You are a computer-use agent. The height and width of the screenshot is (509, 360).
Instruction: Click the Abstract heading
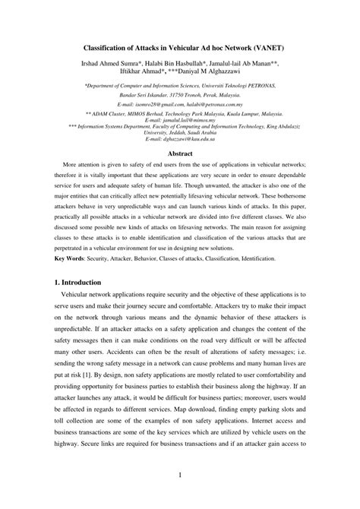click(180, 153)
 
